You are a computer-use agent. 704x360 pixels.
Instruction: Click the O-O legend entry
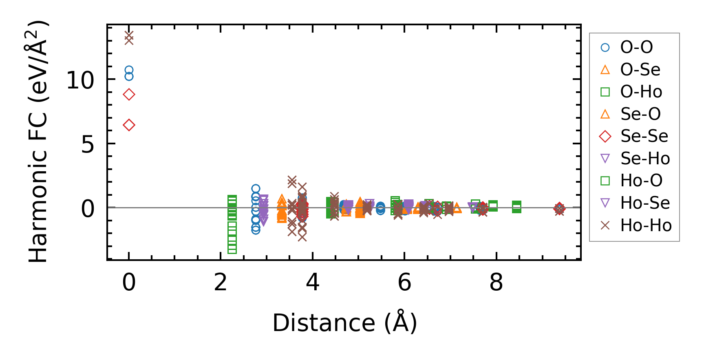(636, 47)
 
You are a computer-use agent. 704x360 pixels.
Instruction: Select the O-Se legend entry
(640, 70)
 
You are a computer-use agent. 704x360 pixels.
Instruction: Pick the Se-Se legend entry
(644, 136)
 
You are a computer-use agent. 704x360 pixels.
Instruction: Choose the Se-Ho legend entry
(644, 159)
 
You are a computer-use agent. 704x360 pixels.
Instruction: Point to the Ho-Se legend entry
(644, 203)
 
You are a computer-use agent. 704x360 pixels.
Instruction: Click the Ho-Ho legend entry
(645, 225)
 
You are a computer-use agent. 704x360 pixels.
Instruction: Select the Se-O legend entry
(640, 114)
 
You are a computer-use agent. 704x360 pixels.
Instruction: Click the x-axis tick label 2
(221, 282)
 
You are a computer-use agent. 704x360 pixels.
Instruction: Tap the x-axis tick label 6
(404, 282)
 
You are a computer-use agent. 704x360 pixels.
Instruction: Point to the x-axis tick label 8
(496, 282)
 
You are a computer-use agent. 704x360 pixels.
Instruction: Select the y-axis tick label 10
(80, 80)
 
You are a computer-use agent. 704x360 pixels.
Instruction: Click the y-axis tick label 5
(88, 144)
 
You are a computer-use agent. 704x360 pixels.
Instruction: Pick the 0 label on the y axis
(88, 209)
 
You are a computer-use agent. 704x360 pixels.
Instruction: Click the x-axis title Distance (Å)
(344, 323)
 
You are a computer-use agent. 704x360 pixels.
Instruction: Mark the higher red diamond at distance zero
(129, 95)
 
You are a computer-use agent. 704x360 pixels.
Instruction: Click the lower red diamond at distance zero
(129, 125)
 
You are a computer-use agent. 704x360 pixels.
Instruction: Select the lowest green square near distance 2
(232, 249)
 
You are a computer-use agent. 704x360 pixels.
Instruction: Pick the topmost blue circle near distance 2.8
(256, 188)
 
